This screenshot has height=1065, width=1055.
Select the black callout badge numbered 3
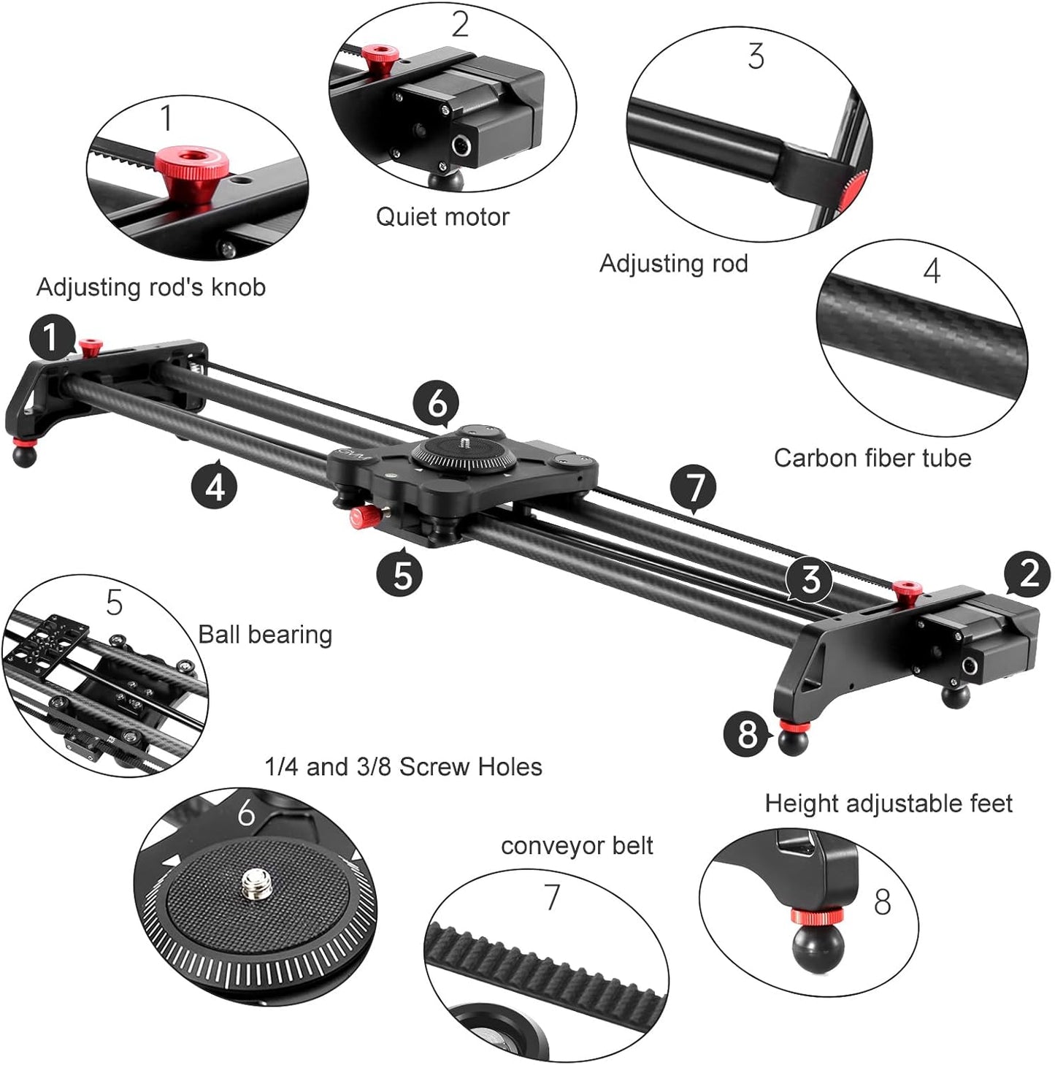point(810,580)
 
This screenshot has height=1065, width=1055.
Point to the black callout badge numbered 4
point(215,485)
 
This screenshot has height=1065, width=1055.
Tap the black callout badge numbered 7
point(693,487)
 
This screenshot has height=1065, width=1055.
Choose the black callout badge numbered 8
point(747,733)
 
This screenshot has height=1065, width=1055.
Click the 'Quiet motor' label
point(442,217)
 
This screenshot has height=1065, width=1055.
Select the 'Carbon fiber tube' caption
point(872,458)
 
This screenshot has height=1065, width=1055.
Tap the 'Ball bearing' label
point(265,634)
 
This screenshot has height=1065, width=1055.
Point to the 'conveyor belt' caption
point(577,845)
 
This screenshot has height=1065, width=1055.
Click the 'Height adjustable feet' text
point(889,803)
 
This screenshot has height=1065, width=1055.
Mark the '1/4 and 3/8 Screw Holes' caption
point(404,767)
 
